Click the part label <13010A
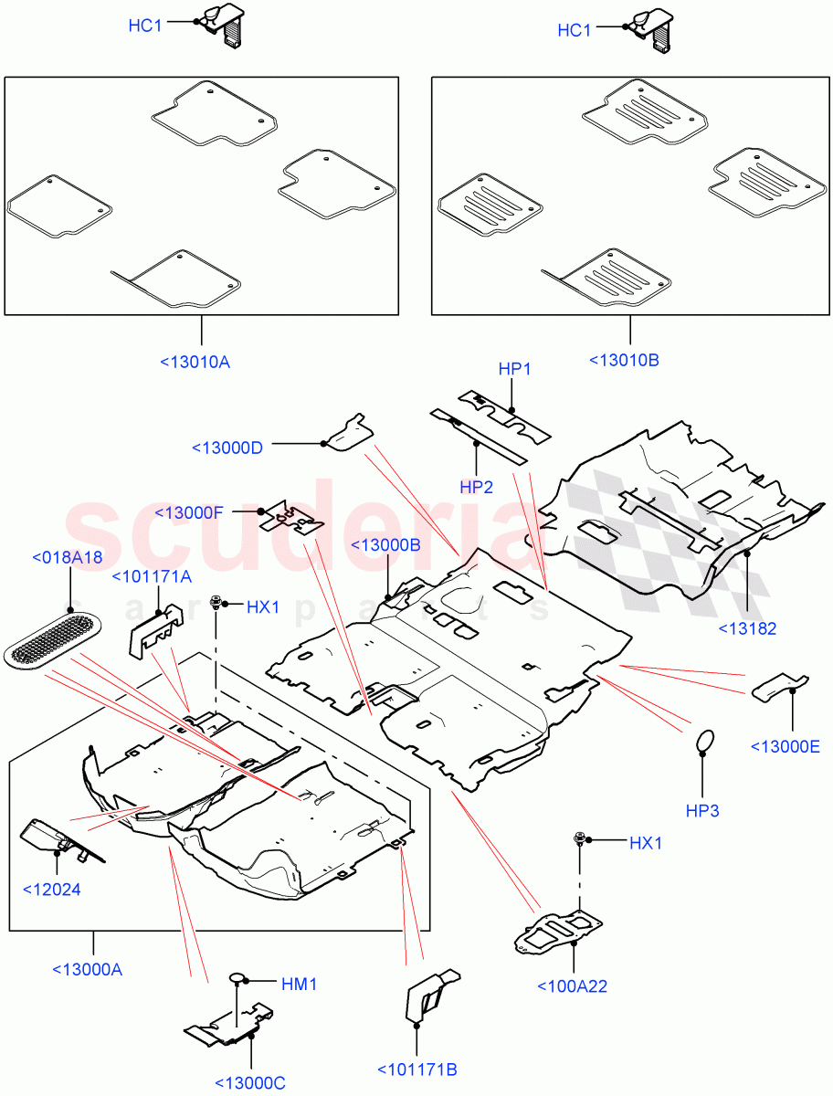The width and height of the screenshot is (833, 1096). point(195,362)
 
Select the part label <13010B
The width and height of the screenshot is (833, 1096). point(625,360)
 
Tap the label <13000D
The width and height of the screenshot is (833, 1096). point(227,448)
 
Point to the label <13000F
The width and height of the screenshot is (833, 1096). point(189,512)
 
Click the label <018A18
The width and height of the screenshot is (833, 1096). point(67,557)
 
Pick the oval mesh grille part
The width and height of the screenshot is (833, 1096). point(52,639)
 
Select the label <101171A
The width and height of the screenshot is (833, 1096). point(152,576)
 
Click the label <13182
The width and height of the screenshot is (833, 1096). point(748,628)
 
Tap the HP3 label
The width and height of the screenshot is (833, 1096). point(701,810)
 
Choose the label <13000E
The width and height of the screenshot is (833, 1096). point(785,746)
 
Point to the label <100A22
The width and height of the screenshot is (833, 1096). point(572,985)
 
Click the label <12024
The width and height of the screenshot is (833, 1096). point(50,889)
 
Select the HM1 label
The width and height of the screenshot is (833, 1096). point(299,985)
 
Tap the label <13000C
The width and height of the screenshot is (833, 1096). point(250,1083)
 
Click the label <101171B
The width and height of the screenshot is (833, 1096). point(417,1069)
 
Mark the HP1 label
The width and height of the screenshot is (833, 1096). point(515,369)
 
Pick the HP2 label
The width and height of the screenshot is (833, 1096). point(477,488)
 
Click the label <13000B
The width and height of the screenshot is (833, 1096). point(385,545)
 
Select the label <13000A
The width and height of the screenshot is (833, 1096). point(87,969)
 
